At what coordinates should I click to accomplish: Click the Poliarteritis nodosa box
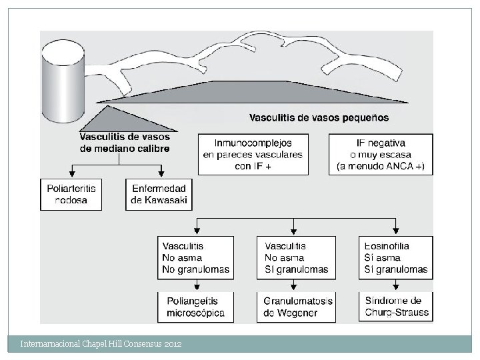click(71, 194)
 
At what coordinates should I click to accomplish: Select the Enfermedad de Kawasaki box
click(159, 194)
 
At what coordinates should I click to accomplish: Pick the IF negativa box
click(381, 155)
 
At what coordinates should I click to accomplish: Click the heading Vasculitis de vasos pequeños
click(319, 118)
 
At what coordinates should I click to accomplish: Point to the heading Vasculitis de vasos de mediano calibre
click(124, 143)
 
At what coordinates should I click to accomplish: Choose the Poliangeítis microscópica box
click(196, 307)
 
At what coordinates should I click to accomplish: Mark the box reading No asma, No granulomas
click(196, 258)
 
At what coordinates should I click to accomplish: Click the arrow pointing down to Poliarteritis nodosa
click(71, 172)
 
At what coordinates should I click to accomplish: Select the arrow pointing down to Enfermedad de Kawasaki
click(159, 172)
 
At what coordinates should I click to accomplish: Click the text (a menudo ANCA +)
click(381, 166)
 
